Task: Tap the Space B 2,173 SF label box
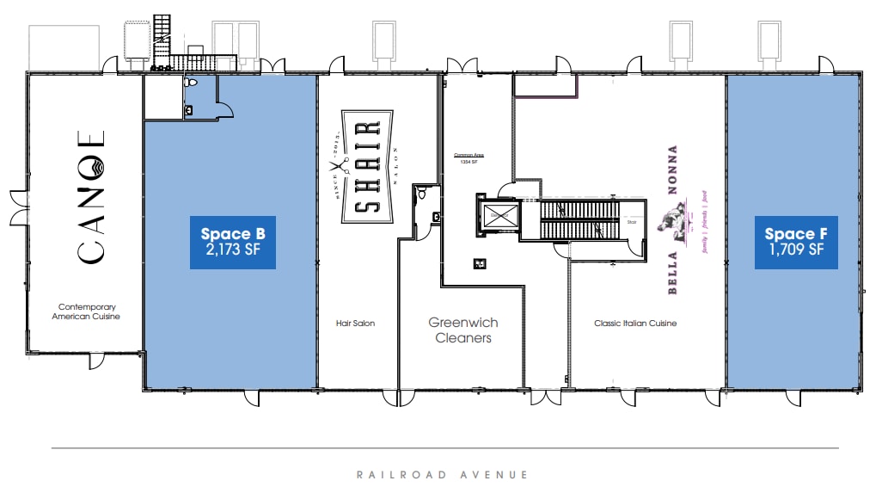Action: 232,242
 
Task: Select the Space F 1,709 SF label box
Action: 795,242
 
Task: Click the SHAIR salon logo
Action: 368,167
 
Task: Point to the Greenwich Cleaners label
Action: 463,330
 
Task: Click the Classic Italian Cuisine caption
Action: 635,324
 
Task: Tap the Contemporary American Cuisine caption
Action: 87,311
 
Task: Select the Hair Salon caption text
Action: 355,324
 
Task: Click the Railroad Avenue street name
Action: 443,474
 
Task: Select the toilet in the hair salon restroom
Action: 421,195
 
